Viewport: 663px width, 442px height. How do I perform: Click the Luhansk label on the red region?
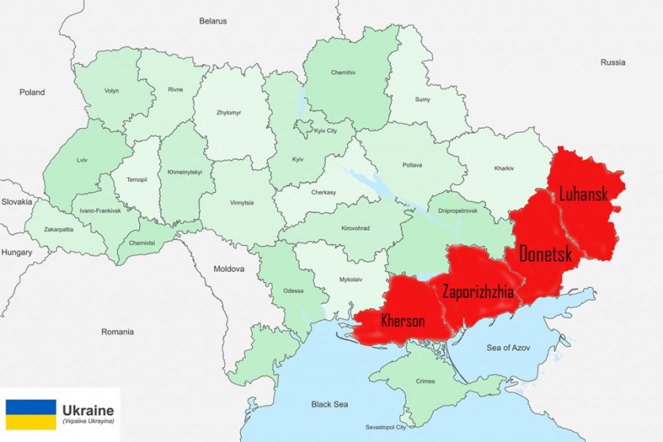pos(583,194)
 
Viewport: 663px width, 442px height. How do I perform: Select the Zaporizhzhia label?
pos(477,292)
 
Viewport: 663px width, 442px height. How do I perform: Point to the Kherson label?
pos(402,321)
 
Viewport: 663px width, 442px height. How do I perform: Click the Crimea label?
pos(426,381)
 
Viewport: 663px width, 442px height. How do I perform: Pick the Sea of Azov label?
pos(508,346)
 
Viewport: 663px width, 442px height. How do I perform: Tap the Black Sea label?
pos(329,404)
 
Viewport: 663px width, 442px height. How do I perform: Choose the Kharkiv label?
pos(505,169)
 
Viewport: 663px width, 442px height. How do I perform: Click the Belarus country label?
pos(213,21)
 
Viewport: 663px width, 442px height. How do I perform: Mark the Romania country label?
pos(118,331)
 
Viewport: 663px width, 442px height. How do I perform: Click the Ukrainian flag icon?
pos(31,415)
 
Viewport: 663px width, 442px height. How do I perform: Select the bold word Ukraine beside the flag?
pos(88,410)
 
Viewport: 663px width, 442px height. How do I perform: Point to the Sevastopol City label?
pos(386,427)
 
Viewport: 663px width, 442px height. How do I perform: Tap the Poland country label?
pos(32,93)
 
